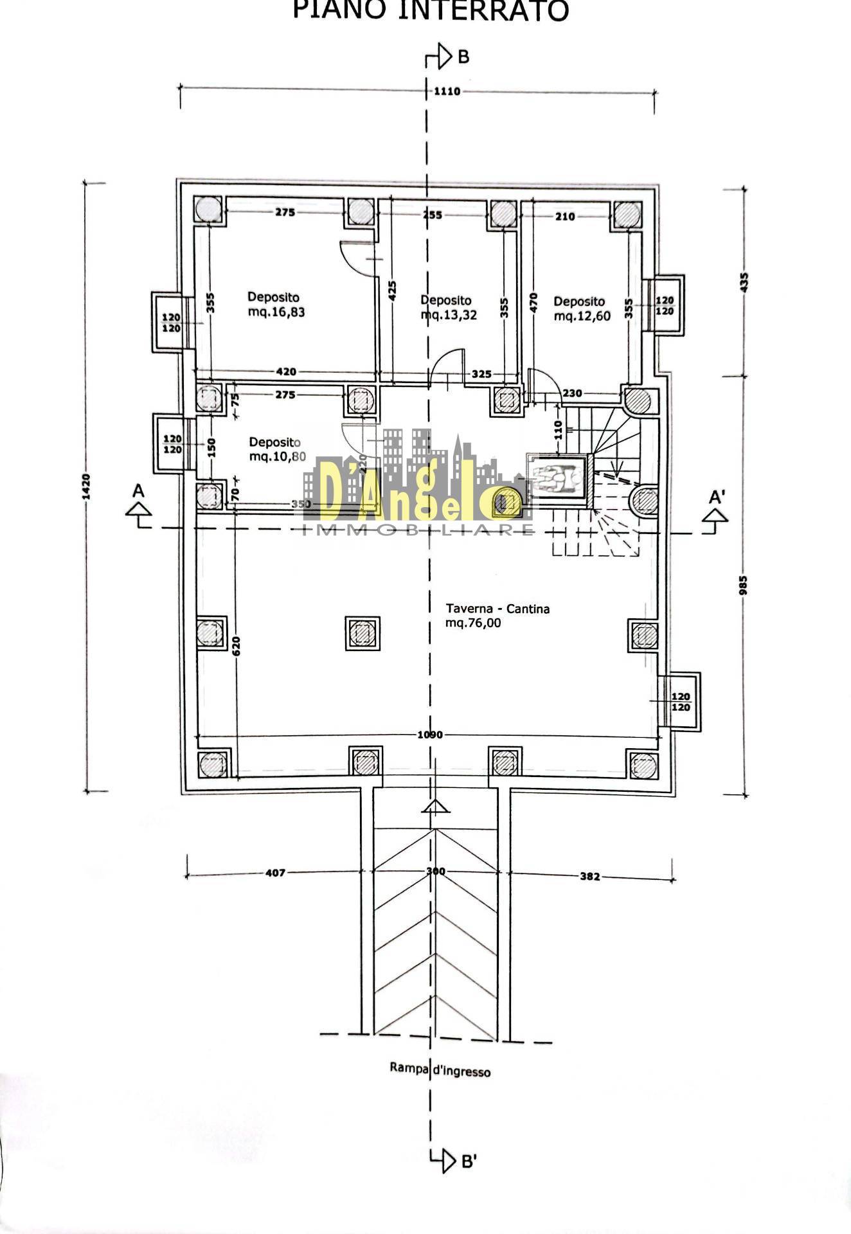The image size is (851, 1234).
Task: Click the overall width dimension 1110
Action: pos(447,91)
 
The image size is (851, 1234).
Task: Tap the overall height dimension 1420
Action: pos(87,487)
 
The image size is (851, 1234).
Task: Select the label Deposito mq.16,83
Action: pos(276,305)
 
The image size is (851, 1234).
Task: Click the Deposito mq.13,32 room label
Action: pos(447,307)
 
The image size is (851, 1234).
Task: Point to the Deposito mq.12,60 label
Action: pos(581,308)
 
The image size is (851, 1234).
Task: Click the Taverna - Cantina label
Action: pos(497,615)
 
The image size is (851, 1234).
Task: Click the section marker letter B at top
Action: pos(463,57)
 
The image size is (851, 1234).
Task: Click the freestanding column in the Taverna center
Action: pos(363,634)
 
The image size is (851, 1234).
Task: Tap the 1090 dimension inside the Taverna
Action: pos(429,735)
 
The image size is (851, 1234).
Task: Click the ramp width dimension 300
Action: pos(436,872)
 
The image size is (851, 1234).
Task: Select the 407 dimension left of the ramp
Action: pos(274,873)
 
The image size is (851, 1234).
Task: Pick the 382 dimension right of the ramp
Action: pos(589,876)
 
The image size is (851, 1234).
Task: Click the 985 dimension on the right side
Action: pos(744,585)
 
